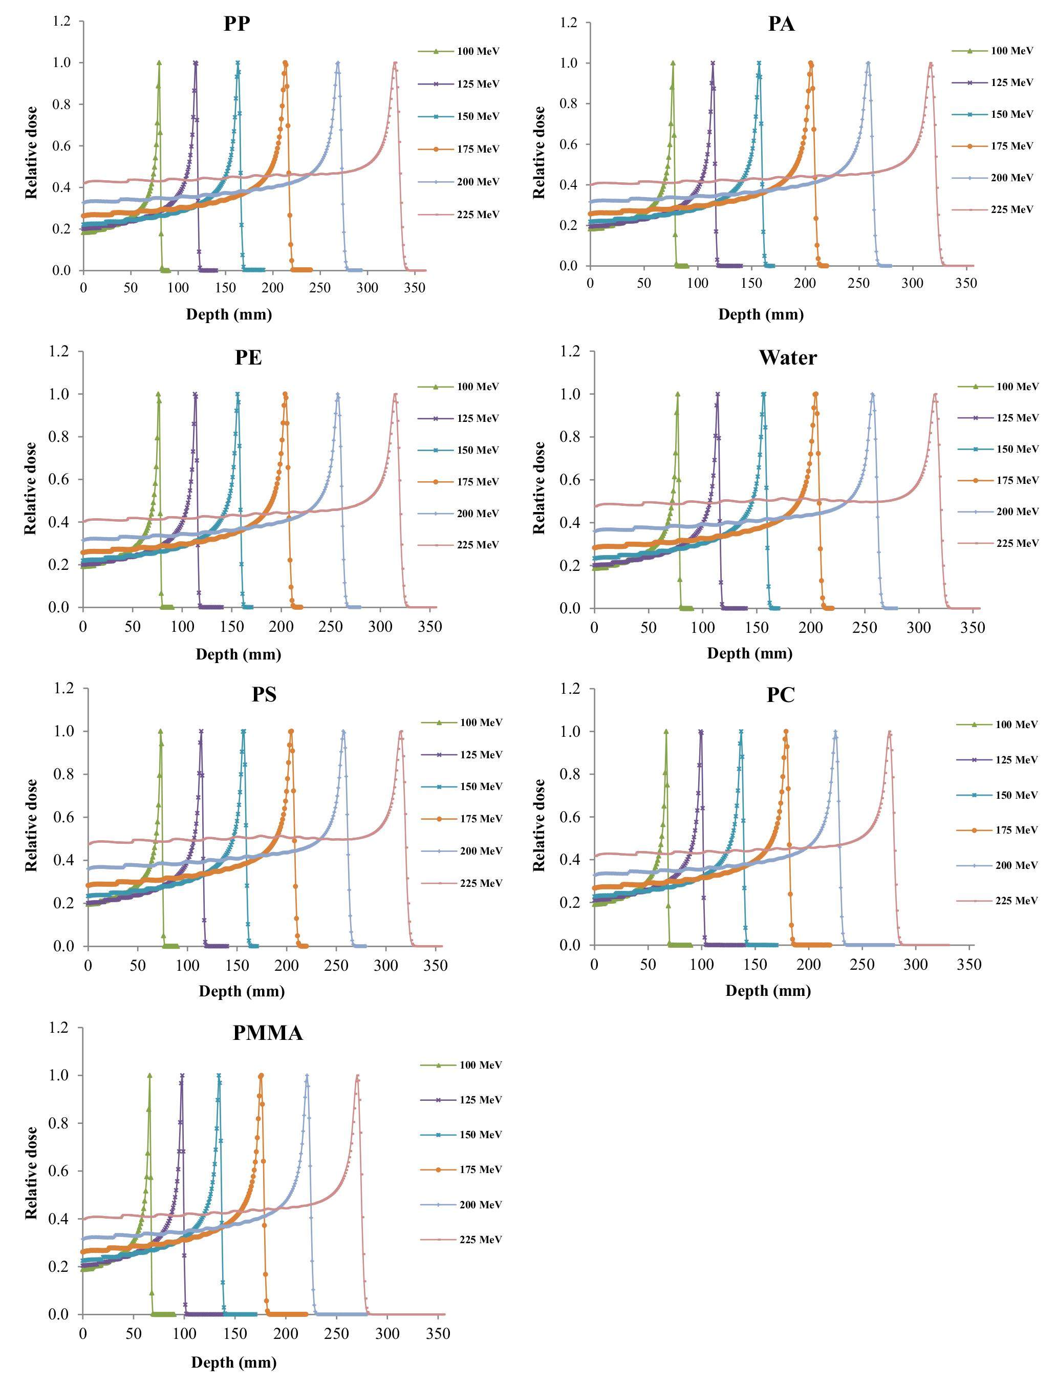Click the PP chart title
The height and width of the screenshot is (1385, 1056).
pyautogui.click(x=236, y=24)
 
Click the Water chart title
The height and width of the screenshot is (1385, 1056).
pyautogui.click(x=788, y=358)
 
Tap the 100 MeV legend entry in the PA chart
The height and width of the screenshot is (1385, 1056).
pyautogui.click(x=1011, y=51)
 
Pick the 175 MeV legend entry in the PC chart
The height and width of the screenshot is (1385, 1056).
pyautogui.click(x=1016, y=830)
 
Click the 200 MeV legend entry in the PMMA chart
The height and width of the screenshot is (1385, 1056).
pyautogui.click(x=480, y=1205)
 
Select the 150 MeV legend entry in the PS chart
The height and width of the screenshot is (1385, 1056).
pyautogui.click(x=481, y=787)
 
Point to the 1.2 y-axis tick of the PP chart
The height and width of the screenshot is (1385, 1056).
pyautogui.click(x=61, y=22)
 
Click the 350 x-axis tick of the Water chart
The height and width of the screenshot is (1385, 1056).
pyautogui.click(x=973, y=627)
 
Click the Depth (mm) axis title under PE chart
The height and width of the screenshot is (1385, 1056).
pyautogui.click(x=238, y=654)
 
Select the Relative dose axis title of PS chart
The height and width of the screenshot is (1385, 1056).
pyautogui.click(x=31, y=825)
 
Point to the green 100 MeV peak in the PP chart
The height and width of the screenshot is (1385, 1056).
pyautogui.click(x=159, y=63)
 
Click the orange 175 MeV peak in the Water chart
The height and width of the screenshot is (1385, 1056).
pyautogui.click(x=816, y=394)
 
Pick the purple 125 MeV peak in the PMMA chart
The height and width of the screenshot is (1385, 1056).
pyautogui.click(x=182, y=1076)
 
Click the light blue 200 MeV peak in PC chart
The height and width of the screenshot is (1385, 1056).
pyautogui.click(x=835, y=732)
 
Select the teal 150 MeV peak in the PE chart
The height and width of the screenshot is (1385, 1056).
pyautogui.click(x=238, y=394)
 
